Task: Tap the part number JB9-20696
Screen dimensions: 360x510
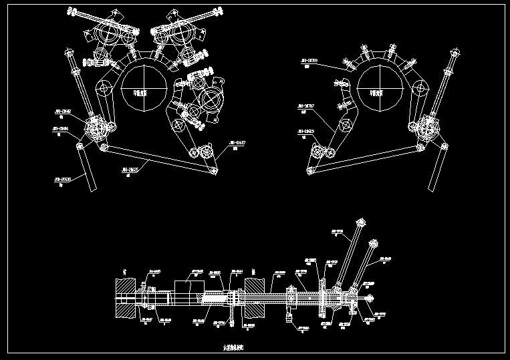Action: point(60,128)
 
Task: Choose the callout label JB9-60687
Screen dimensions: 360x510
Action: point(237,143)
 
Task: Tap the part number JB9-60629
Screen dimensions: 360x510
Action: point(305,131)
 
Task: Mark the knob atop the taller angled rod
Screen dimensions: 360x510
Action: point(362,222)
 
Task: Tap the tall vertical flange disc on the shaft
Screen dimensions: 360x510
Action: point(322,294)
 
